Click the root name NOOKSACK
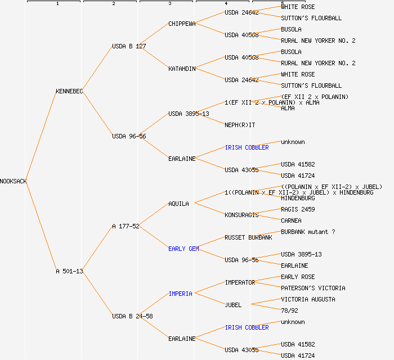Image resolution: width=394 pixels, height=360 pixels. pyautogui.click(x=14, y=181)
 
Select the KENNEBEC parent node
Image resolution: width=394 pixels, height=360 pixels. pyautogui.click(x=69, y=91)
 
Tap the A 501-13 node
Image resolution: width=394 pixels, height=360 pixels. pyautogui.click(x=69, y=271)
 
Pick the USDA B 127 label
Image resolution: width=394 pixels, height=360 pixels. pyautogui.click(x=129, y=46)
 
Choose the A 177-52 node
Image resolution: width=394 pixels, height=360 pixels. pyautogui.click(x=126, y=226)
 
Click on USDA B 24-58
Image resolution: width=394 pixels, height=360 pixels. pyautogui.click(x=132, y=316)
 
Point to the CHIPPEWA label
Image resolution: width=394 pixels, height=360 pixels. pyautogui.click(x=182, y=24)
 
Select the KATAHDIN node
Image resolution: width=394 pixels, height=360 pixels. pyautogui.click(x=182, y=69)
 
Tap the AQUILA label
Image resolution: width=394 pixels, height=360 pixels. pyautogui.click(x=178, y=204)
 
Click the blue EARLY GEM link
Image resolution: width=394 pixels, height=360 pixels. pyautogui.click(x=183, y=249)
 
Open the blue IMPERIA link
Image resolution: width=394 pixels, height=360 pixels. pyautogui.click(x=180, y=294)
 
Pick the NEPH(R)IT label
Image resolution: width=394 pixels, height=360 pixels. pyautogui.click(x=240, y=125)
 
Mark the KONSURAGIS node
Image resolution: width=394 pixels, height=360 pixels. pyautogui.click(x=241, y=215)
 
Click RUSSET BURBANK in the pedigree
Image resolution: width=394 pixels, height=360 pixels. pyautogui.click(x=248, y=237)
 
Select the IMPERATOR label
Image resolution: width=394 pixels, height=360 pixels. pyautogui.click(x=240, y=282)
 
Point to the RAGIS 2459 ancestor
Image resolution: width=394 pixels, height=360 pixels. pyautogui.click(x=298, y=209)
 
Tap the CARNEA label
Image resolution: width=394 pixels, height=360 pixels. pyautogui.click(x=291, y=220)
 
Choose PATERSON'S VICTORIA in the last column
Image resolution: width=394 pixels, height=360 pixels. pyautogui.click(x=313, y=288)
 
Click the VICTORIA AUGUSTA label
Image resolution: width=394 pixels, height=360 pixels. pyautogui.click(x=308, y=299)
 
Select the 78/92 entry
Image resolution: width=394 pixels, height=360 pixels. pyautogui.click(x=289, y=310)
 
